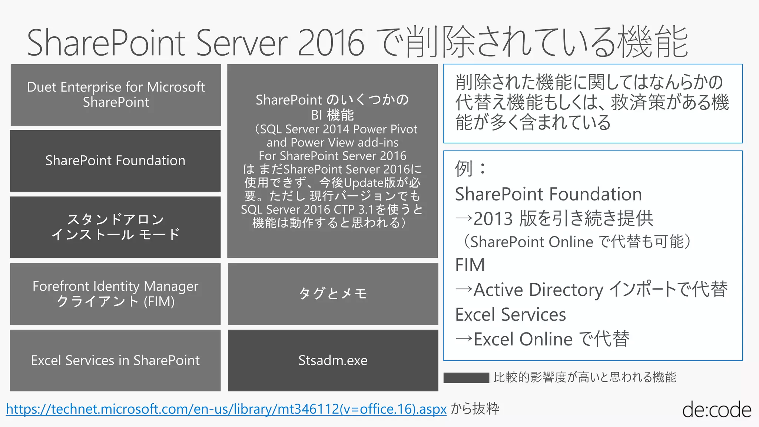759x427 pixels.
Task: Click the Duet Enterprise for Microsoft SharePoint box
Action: click(116, 95)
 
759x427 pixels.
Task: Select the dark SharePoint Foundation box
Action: click(115, 160)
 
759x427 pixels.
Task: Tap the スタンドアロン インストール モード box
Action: click(115, 227)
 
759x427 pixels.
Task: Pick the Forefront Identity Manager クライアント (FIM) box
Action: click(115, 294)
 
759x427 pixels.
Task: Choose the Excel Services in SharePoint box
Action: click(115, 360)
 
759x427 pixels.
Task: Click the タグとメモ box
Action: click(333, 294)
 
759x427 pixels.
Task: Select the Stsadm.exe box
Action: click(333, 360)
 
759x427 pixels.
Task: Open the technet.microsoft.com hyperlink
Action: click(226, 409)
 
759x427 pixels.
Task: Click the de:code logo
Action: click(716, 410)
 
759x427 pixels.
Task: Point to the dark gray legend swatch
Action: click(466, 378)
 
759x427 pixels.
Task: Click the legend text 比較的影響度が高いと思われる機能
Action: click(585, 377)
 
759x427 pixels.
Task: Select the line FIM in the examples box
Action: click(470, 265)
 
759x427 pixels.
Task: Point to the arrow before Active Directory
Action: click(464, 289)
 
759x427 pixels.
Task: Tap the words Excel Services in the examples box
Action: click(510, 315)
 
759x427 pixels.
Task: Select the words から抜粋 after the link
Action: click(475, 409)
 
